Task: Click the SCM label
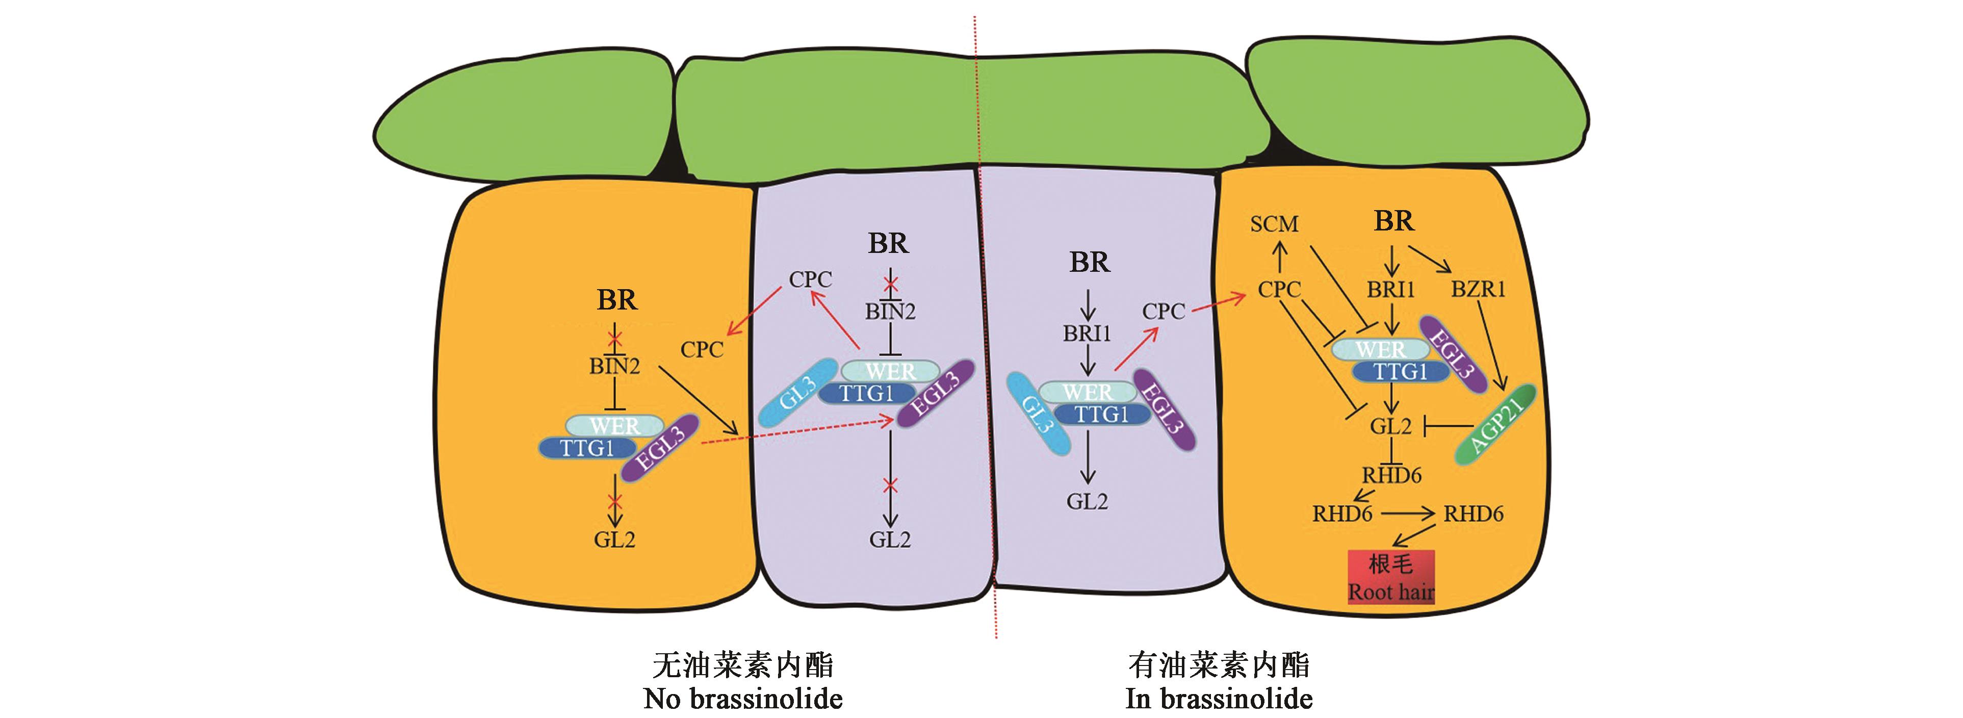click(x=1274, y=224)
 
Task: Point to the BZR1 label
click(x=1478, y=290)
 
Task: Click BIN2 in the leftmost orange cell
click(x=614, y=367)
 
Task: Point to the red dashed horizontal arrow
click(x=796, y=431)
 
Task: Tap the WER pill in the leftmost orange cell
click(x=616, y=425)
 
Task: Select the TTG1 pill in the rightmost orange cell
click(x=1401, y=372)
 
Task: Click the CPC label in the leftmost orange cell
click(x=702, y=350)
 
